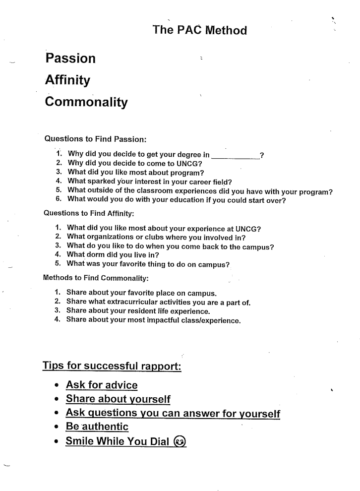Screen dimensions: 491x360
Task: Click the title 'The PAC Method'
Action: (200, 30)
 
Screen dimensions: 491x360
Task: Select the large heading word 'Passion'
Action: (70, 59)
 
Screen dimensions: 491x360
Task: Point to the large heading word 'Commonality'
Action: (86, 102)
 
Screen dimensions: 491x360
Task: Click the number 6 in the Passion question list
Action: (58, 200)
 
